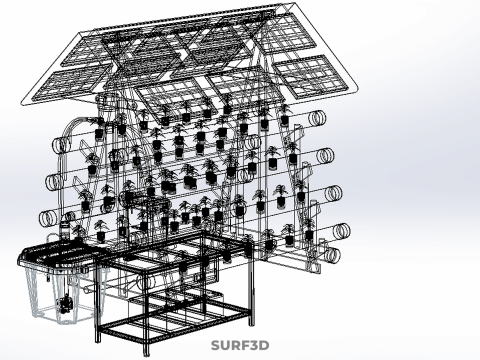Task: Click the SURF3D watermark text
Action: tap(240, 345)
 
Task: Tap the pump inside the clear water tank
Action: tap(65, 303)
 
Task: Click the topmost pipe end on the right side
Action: tap(317, 118)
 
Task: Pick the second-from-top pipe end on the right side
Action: tap(326, 155)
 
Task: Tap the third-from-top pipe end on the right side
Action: tap(334, 193)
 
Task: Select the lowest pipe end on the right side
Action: tap(332, 255)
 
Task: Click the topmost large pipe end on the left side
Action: tap(61, 145)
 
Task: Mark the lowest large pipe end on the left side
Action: tap(49, 218)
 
